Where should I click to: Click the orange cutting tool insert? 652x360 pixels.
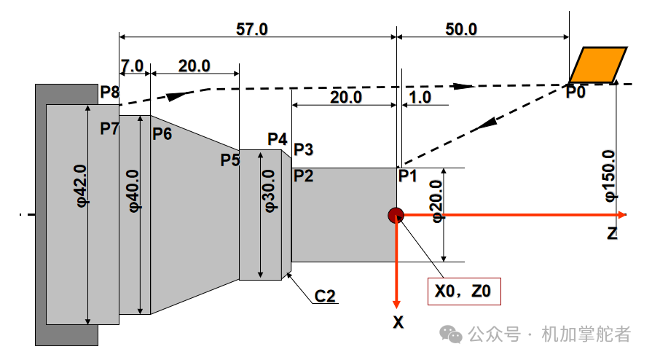(x=598, y=65)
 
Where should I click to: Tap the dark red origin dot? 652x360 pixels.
(x=396, y=215)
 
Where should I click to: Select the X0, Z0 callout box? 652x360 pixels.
(x=464, y=291)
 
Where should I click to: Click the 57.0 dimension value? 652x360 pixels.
(x=252, y=29)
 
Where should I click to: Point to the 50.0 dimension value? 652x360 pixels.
(x=461, y=29)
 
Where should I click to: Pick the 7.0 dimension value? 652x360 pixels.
(x=133, y=66)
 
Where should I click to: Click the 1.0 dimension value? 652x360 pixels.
(x=420, y=98)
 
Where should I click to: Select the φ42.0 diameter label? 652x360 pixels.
(x=81, y=186)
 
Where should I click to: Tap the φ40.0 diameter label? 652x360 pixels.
(x=134, y=191)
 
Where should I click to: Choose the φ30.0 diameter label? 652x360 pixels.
(x=269, y=191)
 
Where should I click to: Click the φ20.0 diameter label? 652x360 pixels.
(x=436, y=201)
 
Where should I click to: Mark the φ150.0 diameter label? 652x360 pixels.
(x=609, y=176)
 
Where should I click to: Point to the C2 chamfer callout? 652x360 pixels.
(x=325, y=296)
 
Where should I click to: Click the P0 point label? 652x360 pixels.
(x=576, y=92)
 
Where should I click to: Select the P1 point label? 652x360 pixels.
(x=407, y=176)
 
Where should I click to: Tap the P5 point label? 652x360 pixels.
(x=230, y=160)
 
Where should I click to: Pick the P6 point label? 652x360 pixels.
(x=162, y=134)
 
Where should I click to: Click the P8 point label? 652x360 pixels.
(x=110, y=92)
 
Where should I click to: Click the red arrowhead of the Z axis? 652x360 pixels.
(x=622, y=215)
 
